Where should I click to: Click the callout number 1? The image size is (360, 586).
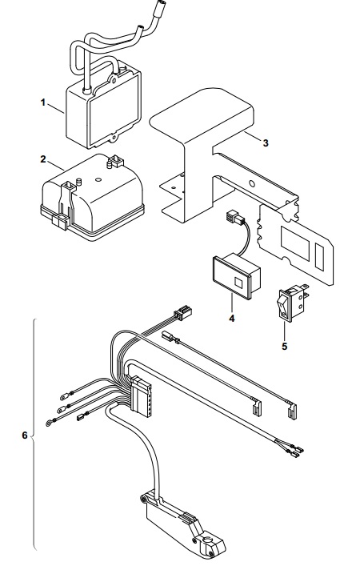pyautogui.click(x=43, y=102)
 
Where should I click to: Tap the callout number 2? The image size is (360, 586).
pyautogui.click(x=43, y=159)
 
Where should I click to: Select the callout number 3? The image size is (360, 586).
pyautogui.click(x=266, y=142)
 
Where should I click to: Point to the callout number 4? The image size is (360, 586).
pyautogui.click(x=232, y=319)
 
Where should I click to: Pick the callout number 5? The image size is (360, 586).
pyautogui.click(x=285, y=347)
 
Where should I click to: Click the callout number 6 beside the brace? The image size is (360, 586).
pyautogui.click(x=25, y=435)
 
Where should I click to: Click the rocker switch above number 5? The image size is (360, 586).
pyautogui.click(x=292, y=302)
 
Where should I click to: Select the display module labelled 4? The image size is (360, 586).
pyautogui.click(x=236, y=276)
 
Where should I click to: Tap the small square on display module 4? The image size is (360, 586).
pyautogui.click(x=238, y=282)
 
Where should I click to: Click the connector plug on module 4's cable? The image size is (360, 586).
pyautogui.click(x=233, y=218)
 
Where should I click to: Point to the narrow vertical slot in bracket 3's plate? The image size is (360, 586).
pyautogui.click(x=320, y=256)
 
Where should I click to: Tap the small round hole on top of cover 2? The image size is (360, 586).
pyautogui.click(x=98, y=179)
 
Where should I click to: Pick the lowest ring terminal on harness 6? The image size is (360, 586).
pyautogui.click(x=49, y=423)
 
